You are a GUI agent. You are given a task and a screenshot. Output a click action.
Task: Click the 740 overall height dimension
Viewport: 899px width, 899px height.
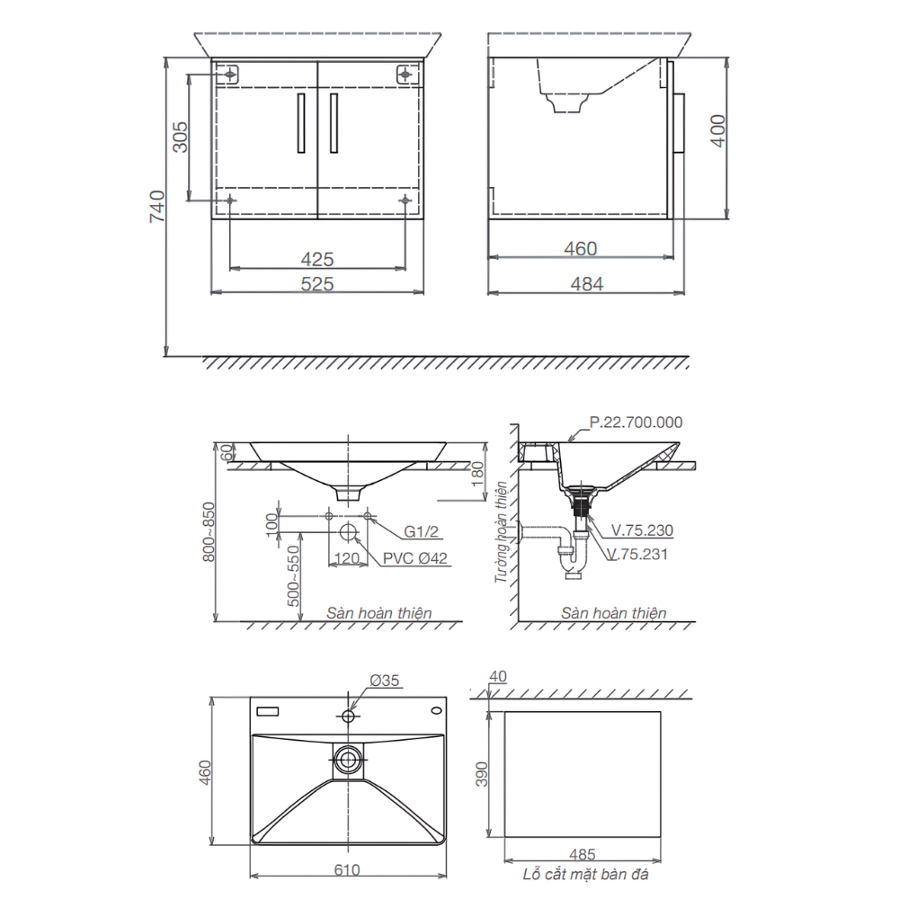[x=157, y=207]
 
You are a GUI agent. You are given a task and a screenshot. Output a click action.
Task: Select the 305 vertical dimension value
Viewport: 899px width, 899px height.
[x=180, y=137]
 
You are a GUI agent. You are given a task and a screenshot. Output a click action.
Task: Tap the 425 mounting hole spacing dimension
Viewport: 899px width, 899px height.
[x=317, y=259]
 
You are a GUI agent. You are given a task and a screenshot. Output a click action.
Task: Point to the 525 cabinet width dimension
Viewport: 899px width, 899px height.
[x=317, y=284]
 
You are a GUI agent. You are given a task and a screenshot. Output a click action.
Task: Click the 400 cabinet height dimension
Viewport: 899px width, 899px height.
[x=717, y=130]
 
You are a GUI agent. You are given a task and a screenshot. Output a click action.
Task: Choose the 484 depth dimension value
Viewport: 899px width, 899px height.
[x=586, y=284]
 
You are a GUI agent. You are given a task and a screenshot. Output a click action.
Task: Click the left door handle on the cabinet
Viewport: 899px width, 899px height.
[x=301, y=122]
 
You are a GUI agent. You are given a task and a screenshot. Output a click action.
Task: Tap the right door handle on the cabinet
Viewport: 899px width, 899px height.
[x=334, y=122]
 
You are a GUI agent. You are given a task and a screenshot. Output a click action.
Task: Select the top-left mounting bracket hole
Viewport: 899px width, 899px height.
[x=230, y=74]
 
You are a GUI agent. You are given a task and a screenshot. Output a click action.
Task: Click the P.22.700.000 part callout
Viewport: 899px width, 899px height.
[x=636, y=423]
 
